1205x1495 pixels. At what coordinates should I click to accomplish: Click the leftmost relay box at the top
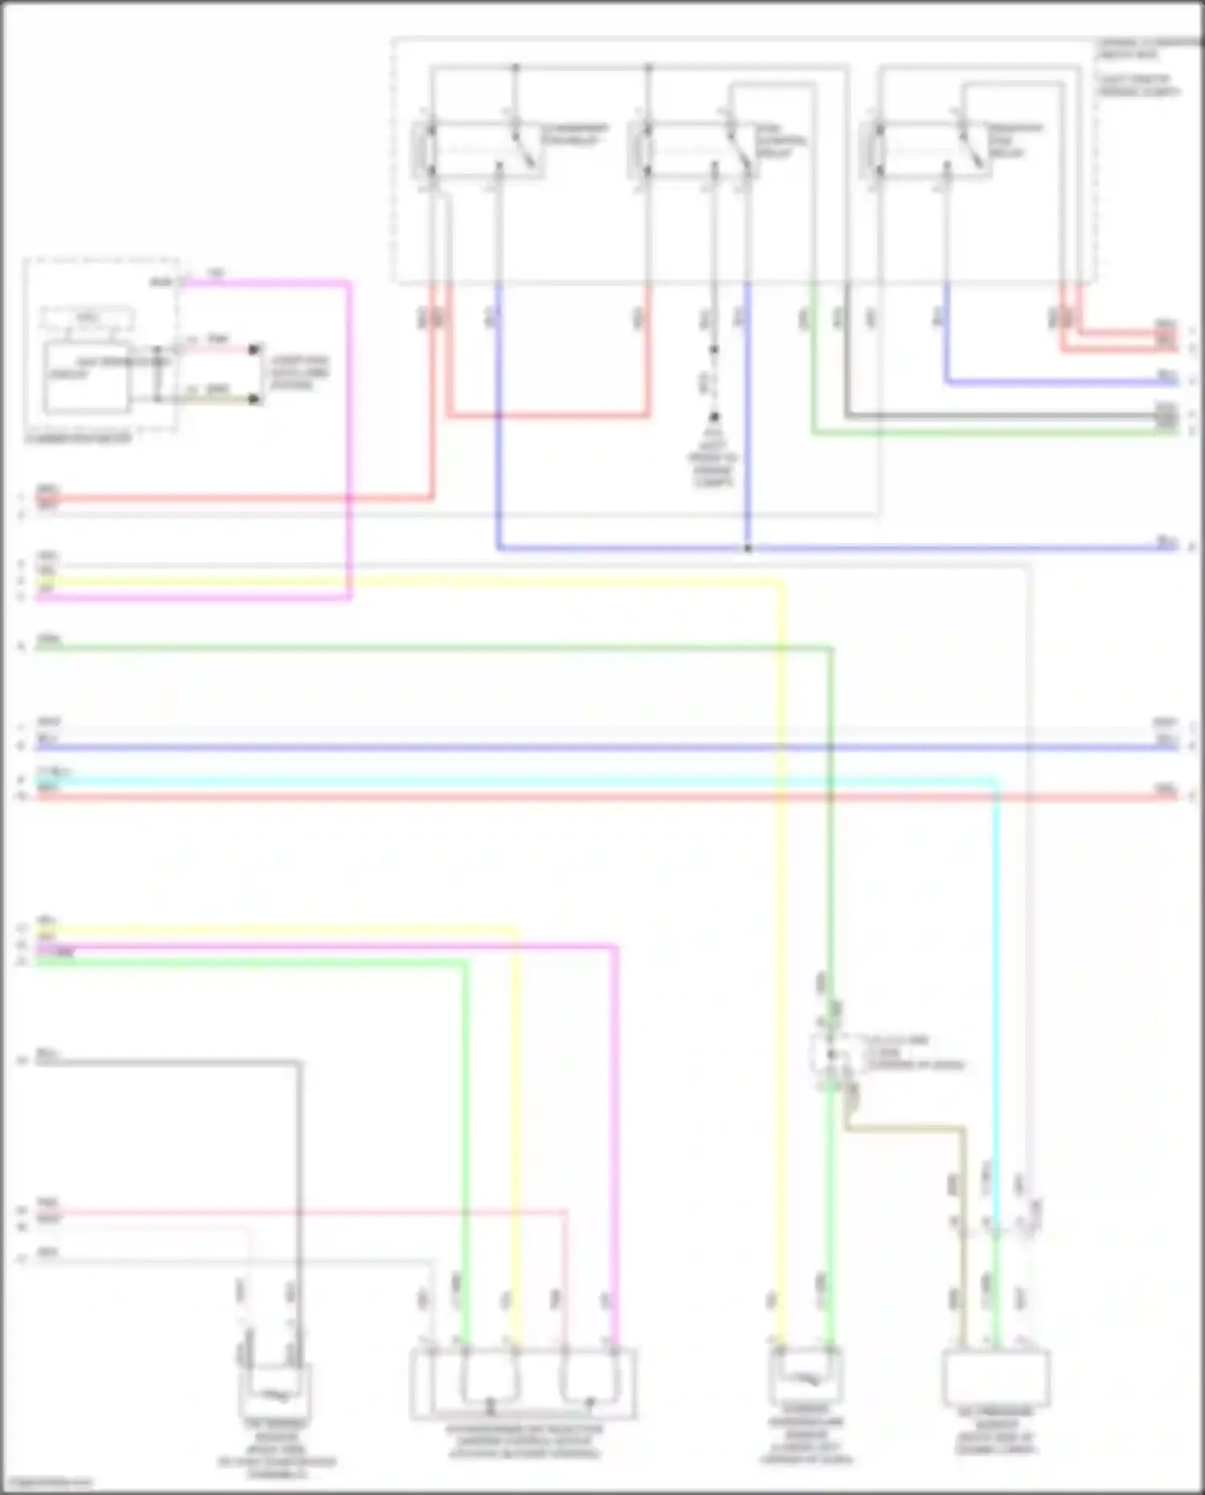tap(478, 149)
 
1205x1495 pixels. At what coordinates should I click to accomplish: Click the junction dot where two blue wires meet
tap(748, 549)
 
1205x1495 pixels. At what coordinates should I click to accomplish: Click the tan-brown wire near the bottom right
tap(908, 1129)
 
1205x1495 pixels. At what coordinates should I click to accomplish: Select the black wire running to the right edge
tap(1004, 416)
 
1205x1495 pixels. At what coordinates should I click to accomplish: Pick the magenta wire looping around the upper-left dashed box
tap(349, 442)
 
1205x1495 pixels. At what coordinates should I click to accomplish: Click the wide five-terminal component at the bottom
tap(523, 1383)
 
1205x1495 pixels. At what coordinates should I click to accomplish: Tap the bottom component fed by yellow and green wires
tap(806, 1375)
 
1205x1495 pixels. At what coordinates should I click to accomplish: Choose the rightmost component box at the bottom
tap(996, 1378)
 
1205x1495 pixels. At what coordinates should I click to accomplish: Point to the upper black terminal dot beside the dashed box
tap(255, 349)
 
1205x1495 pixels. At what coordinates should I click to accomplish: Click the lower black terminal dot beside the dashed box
tap(255, 399)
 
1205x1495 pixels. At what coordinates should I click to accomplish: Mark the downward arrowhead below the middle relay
tap(713, 418)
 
